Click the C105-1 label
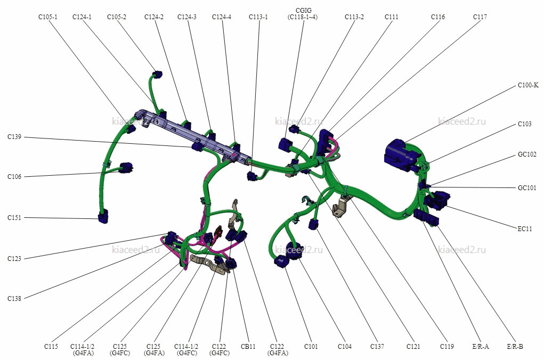tap(48, 17)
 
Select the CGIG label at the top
tap(304, 11)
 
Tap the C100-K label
tap(528, 85)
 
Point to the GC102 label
tap(527, 154)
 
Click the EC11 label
tap(525, 229)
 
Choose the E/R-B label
tap(515, 347)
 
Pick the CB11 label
tap(248, 347)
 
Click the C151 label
tap(14, 218)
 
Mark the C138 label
tap(14, 299)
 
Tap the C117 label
tap(480, 17)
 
